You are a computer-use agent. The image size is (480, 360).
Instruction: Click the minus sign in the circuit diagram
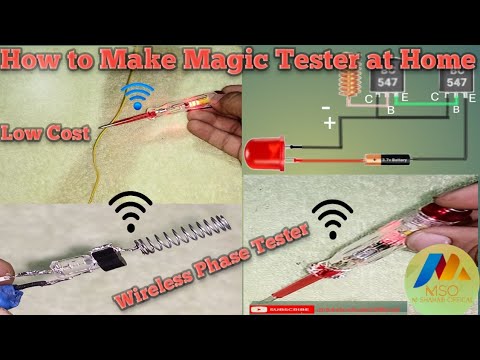click(x=325, y=105)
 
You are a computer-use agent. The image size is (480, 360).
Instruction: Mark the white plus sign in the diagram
click(x=329, y=124)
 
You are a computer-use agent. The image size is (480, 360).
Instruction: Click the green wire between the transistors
click(x=419, y=101)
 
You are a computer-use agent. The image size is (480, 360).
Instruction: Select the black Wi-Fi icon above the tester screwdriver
click(x=333, y=217)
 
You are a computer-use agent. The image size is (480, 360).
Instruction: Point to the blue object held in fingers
click(x=12, y=296)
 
